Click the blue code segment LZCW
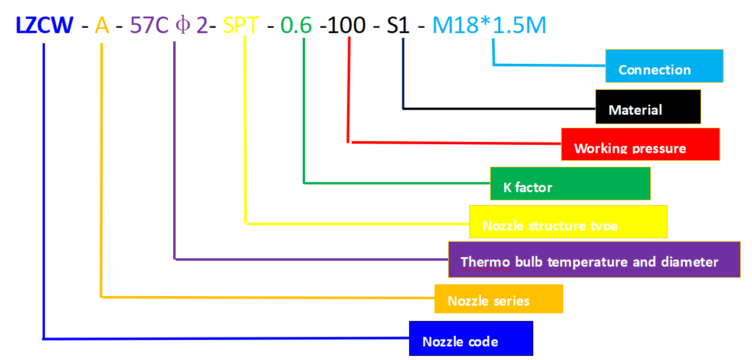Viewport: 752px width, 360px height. [45, 25]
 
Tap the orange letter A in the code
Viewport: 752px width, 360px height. [102, 25]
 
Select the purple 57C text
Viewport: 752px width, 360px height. [150, 25]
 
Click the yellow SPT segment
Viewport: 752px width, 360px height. [241, 25]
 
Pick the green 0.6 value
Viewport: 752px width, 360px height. [296, 25]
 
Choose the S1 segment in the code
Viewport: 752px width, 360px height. [398, 25]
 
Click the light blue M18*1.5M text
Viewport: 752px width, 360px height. [490, 25]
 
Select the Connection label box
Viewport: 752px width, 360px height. [664, 66]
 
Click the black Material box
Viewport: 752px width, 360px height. [648, 107]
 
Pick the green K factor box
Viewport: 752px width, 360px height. [570, 184]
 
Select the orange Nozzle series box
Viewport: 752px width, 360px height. [498, 299]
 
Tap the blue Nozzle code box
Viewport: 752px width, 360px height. [471, 339]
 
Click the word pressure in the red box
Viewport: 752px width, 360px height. [658, 148]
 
